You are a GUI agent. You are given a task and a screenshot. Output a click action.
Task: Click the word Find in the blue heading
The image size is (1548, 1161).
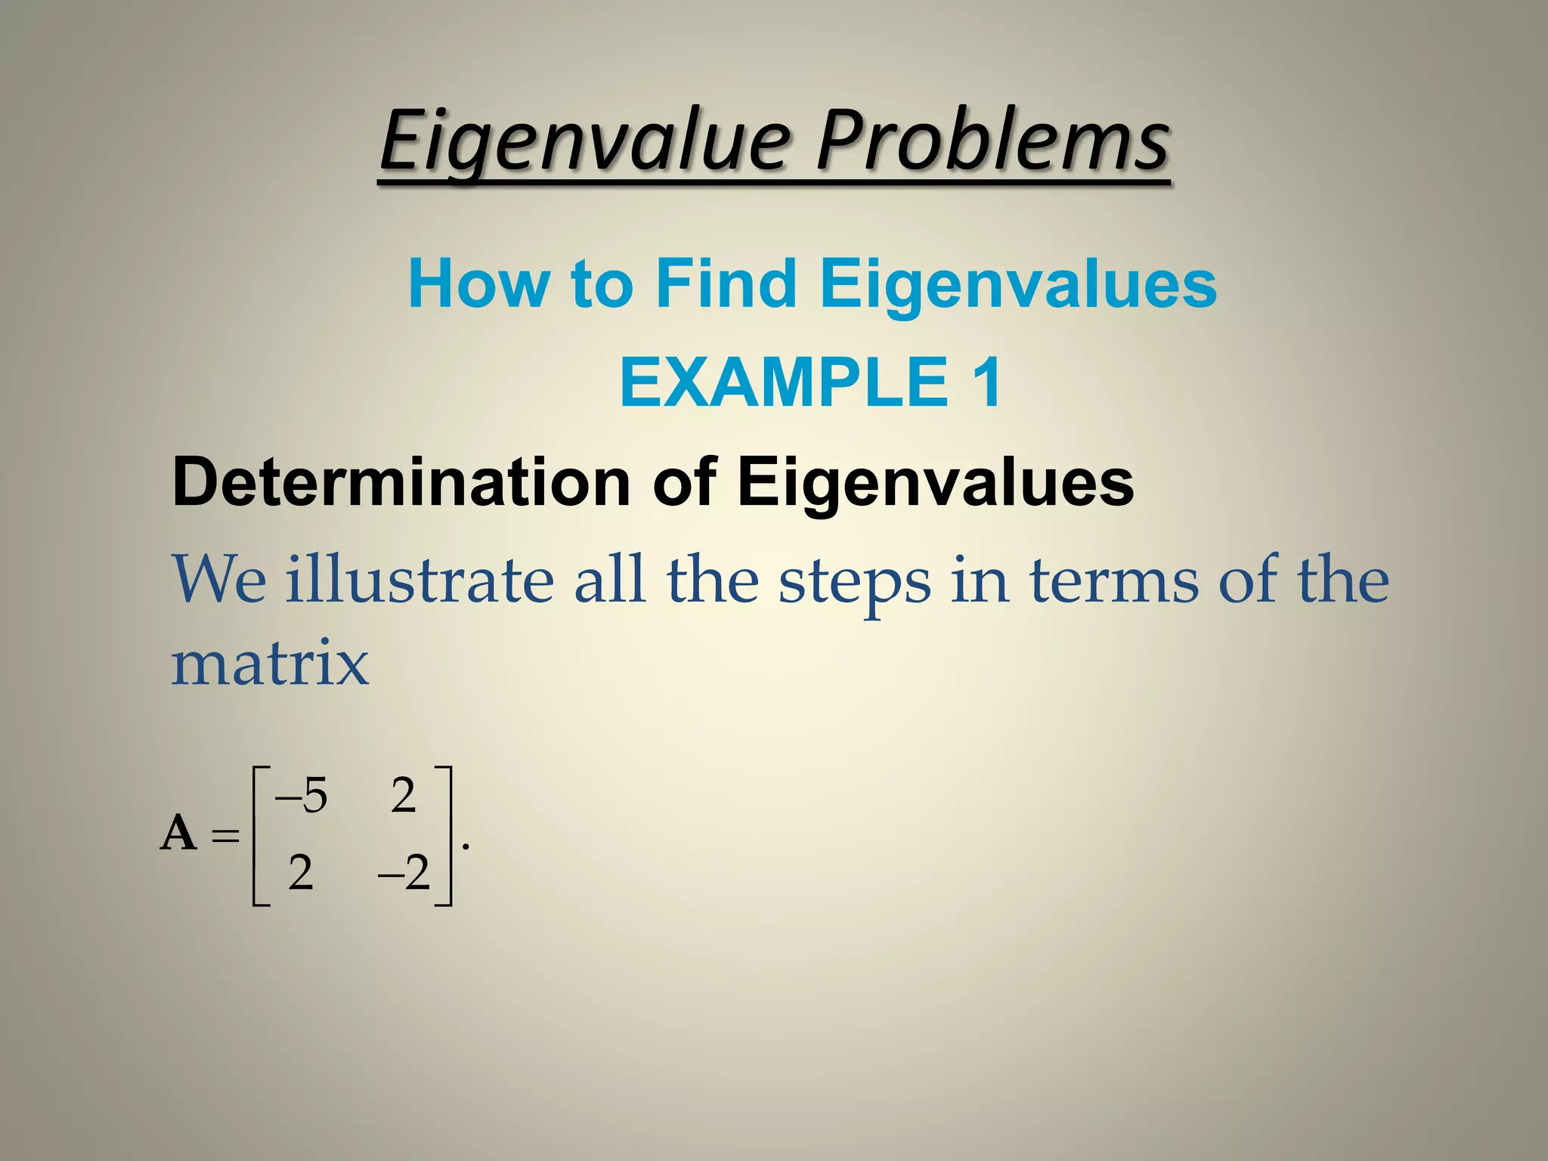[726, 283]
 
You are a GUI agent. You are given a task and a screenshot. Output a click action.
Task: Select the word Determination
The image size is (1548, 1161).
[401, 482]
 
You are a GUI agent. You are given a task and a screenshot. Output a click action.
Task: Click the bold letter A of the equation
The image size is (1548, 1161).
[178, 834]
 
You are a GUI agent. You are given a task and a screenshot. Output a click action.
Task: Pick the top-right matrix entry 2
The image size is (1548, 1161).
[404, 797]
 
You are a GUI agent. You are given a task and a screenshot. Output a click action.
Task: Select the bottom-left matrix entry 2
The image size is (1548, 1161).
[301, 874]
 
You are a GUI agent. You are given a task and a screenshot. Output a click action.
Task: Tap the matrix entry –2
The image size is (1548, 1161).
[404, 874]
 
